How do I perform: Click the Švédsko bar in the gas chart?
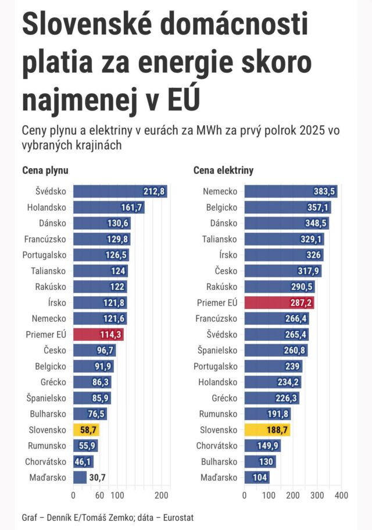pos(119,191)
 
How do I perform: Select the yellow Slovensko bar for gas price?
pos(86,430)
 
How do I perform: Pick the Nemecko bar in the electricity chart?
pos(291,191)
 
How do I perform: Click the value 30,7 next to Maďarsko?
pos(97,478)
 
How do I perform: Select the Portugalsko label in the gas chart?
pos(44,255)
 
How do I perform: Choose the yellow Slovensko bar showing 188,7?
pos(267,430)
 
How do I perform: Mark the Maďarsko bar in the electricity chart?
pos(257,478)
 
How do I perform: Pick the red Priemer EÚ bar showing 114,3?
pos(98,335)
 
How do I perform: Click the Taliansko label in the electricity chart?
pos(220,239)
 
